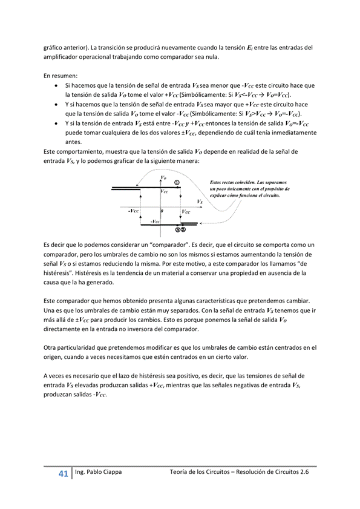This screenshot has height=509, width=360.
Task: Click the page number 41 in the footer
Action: (x=62, y=473)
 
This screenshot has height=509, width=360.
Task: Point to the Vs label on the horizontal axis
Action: (x=200, y=201)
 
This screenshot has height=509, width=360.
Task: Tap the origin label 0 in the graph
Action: (x=163, y=211)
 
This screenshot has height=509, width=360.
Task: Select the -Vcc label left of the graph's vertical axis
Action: (x=134, y=211)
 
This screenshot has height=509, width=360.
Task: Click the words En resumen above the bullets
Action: (x=61, y=76)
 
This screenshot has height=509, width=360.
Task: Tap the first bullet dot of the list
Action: (x=56, y=87)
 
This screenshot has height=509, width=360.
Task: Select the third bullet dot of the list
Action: (x=56, y=123)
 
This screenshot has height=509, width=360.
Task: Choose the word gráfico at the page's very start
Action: (x=53, y=47)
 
